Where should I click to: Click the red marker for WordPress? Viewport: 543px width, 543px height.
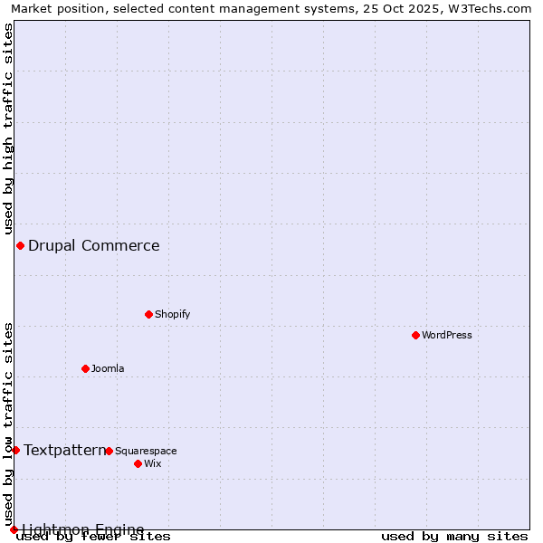pos(415,335)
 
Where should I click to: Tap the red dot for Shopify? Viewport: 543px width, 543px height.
pos(148,314)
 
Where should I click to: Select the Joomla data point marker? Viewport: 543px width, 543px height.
pos(85,368)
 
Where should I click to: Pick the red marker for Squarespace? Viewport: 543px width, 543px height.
pos(109,451)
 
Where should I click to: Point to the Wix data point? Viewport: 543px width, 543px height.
pos(138,463)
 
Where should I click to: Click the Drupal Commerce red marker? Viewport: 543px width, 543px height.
pos(20,245)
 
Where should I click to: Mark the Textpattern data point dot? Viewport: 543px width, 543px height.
pos(15,450)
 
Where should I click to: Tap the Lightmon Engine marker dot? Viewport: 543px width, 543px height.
pos(14,529)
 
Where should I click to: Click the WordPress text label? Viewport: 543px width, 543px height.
pos(447,335)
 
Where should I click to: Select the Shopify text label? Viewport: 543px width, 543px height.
pos(172,314)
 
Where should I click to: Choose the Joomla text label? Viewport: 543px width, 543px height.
pos(108,368)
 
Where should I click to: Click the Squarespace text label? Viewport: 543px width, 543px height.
pos(146,451)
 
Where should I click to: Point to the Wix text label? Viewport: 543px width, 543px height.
pos(153,463)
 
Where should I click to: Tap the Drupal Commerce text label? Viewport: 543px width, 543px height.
pos(94,245)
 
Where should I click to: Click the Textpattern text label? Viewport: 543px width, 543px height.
pos(64,450)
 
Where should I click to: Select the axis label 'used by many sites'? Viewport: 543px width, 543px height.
pos(454,536)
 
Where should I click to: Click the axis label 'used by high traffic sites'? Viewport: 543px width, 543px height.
pos(8,129)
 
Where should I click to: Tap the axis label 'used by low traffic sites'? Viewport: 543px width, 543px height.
pos(8,424)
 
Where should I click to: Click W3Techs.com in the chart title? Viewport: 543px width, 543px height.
pos(486,8)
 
